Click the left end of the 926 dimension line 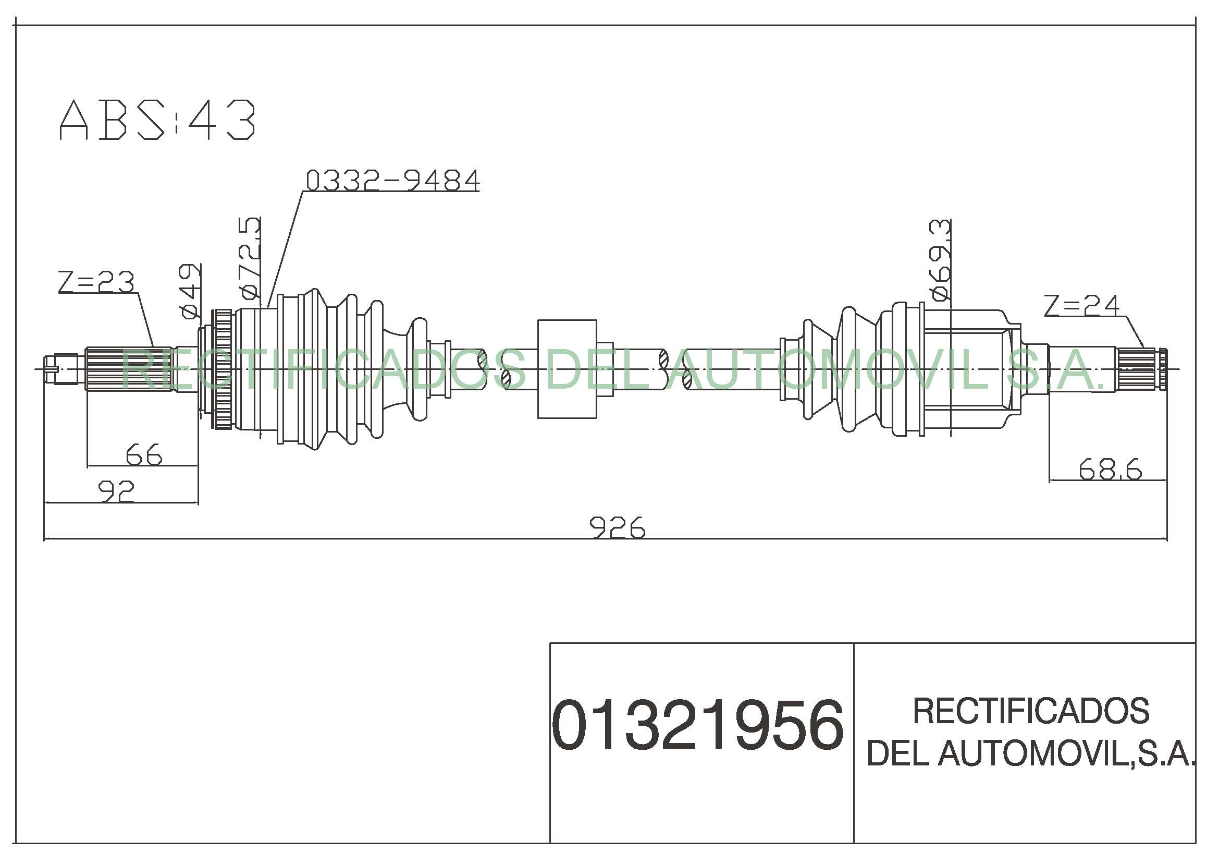coord(44,539)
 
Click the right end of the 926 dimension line coord(1167,539)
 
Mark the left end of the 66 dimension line coord(87,466)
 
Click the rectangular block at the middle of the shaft coord(567,369)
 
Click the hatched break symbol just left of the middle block coord(484,369)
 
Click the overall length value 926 coord(618,526)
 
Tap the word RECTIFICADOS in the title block coord(1030,711)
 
